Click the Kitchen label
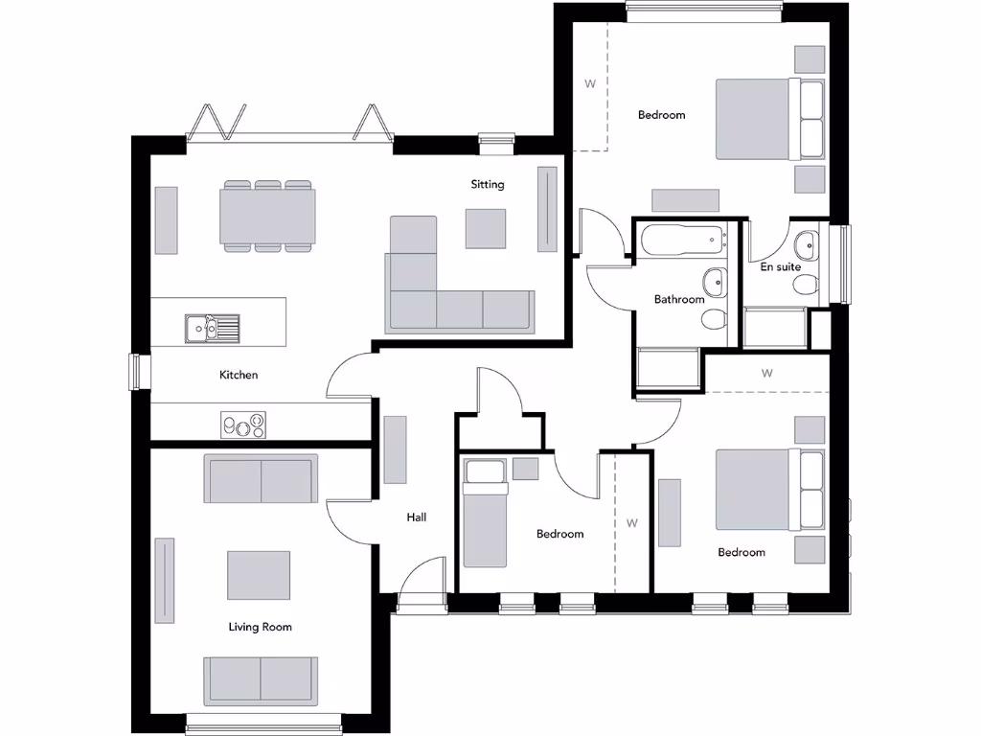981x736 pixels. (239, 375)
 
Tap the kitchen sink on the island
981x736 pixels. (212, 328)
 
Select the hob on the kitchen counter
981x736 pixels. (243, 425)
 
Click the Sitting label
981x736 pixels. (487, 184)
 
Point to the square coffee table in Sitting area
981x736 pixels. (486, 228)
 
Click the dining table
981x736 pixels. (267, 216)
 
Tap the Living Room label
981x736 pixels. (260, 627)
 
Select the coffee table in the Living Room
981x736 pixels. (259, 575)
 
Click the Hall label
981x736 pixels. (416, 517)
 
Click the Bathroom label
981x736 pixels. (679, 299)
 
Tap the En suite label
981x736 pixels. (780, 267)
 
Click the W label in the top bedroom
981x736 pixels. (590, 83)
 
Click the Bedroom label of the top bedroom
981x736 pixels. (662, 115)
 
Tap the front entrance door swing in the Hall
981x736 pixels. (422, 582)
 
